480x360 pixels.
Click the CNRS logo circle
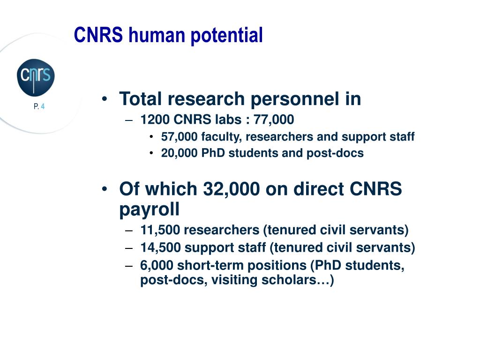(36, 77)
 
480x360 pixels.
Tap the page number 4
(43, 106)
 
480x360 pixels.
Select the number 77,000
(274, 120)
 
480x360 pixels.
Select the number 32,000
(232, 189)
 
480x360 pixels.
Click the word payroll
(150, 210)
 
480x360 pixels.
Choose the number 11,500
(160, 230)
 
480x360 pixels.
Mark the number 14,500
(160, 247)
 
